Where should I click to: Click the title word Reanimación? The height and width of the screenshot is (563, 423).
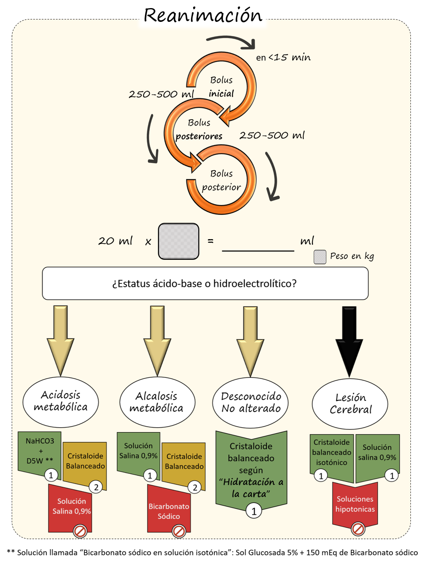click(203, 15)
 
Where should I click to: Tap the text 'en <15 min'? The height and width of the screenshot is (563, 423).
click(283, 58)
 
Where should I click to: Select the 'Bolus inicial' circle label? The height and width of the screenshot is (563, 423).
click(221, 87)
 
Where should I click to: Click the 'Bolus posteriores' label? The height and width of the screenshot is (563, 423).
click(199, 129)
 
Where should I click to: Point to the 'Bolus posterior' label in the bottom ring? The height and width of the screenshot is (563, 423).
click(221, 180)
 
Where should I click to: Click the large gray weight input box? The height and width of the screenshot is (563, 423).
click(179, 241)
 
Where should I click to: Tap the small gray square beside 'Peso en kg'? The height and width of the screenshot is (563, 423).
click(320, 257)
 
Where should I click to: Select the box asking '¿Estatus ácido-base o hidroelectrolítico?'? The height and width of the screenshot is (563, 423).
click(205, 283)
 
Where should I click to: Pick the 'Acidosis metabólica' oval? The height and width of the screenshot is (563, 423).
click(61, 401)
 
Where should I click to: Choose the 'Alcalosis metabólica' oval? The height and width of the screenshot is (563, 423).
click(157, 402)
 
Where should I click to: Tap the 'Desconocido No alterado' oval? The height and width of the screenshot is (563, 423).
click(251, 402)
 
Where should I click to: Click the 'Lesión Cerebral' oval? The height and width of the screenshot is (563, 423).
click(350, 403)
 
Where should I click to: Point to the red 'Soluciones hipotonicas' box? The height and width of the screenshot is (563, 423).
click(355, 504)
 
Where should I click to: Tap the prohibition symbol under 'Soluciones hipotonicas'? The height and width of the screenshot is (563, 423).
click(358, 529)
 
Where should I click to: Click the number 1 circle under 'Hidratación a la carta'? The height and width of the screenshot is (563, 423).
click(254, 511)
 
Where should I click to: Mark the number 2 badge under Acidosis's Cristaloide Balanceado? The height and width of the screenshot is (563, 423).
click(96, 487)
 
